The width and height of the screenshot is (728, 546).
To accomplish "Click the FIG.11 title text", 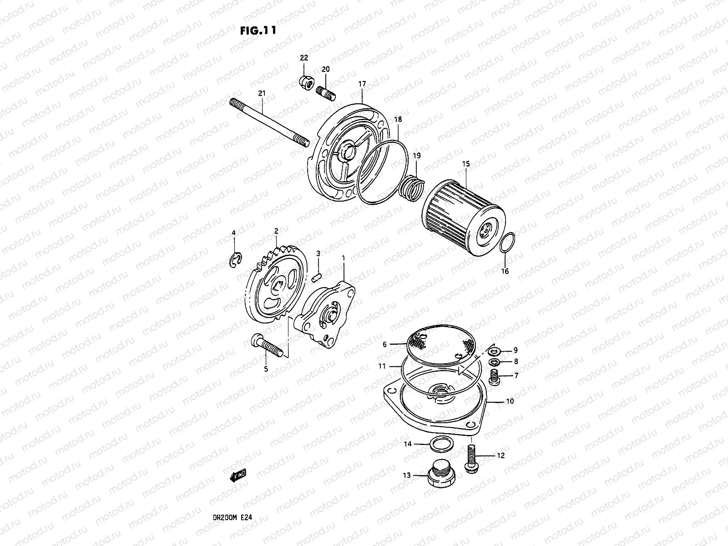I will coord(258,30).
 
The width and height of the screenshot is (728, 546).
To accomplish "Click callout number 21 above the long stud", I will coord(261,93).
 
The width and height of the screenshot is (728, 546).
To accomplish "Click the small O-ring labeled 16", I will coord(507,243).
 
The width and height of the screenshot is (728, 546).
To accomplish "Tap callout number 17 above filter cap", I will coord(362,84).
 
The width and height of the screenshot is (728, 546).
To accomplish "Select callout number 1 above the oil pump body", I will coord(343,258).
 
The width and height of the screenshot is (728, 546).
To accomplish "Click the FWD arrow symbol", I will coord(238,475).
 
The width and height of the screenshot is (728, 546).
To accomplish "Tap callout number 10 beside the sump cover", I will coord(510,401).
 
